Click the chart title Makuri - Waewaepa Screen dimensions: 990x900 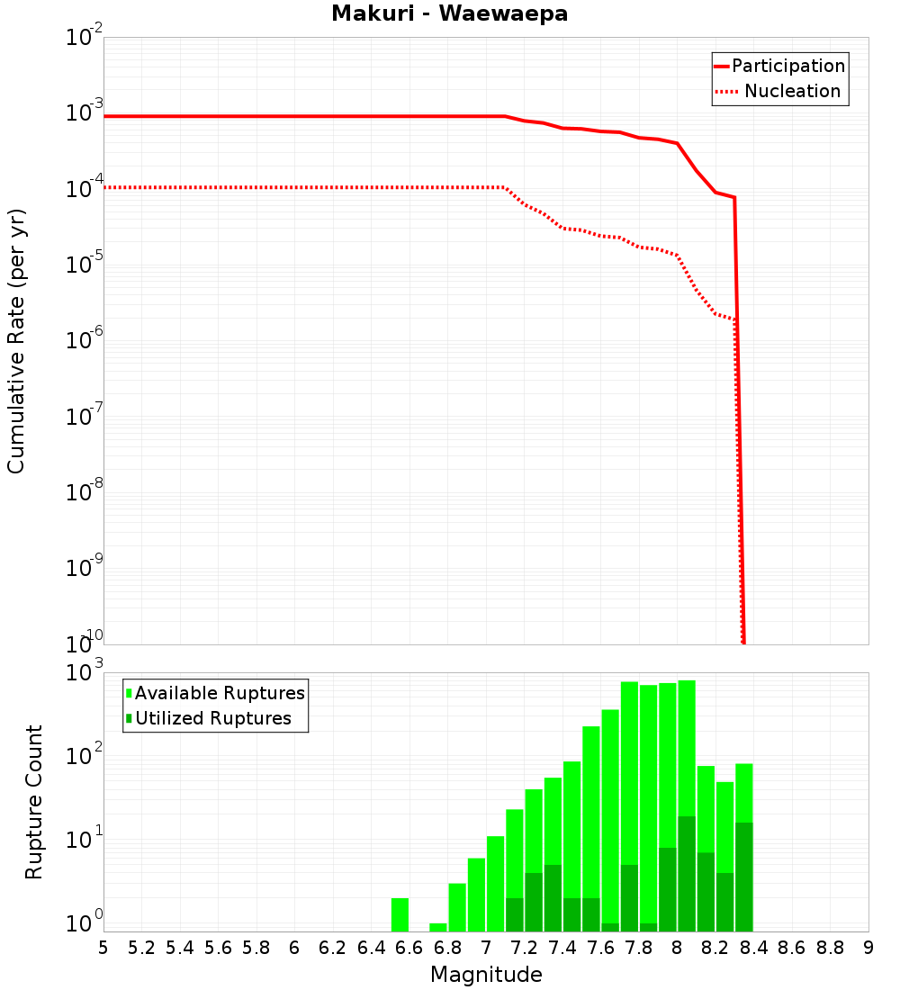[450, 14]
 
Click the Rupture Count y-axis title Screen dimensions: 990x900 [34, 802]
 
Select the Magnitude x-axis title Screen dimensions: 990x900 [486, 975]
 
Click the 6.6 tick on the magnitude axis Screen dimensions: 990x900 [409, 949]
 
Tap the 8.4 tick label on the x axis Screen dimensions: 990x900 [754, 949]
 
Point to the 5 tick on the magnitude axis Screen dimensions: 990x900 [103, 949]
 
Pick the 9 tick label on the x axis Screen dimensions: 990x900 [868, 949]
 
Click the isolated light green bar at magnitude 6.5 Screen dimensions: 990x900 [400, 914]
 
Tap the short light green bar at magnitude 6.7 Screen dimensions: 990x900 [438, 927]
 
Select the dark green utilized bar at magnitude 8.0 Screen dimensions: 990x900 [687, 873]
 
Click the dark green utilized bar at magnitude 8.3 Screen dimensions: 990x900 [744, 877]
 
